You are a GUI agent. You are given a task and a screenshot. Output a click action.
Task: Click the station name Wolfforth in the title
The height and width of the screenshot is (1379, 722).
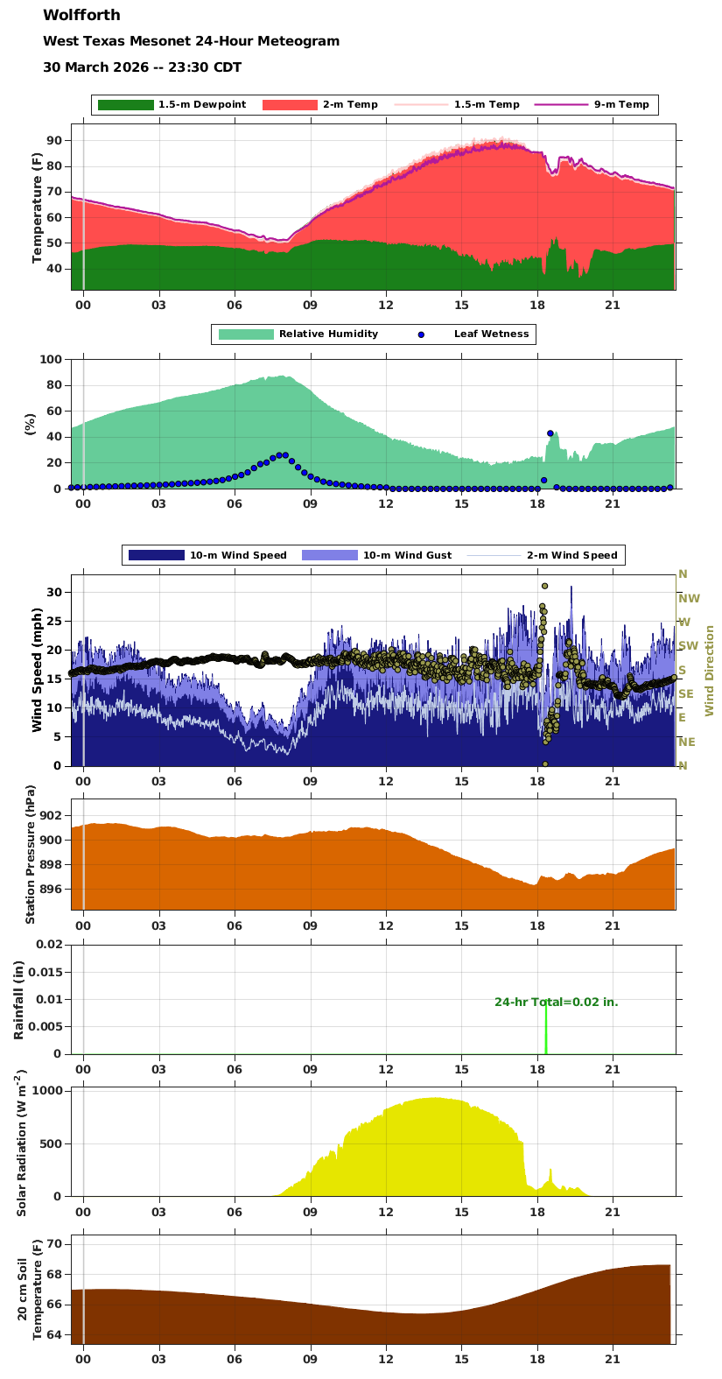[81, 15]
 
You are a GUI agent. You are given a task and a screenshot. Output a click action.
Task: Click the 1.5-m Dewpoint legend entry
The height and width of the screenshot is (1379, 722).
[201, 105]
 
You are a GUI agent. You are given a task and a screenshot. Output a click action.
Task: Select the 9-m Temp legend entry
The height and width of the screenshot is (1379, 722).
[621, 105]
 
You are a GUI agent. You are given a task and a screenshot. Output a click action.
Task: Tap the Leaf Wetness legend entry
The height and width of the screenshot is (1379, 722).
[491, 334]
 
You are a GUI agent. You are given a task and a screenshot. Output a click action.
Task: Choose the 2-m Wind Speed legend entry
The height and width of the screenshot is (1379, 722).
[571, 555]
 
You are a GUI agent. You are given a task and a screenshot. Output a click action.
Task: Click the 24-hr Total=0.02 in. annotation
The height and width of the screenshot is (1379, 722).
[556, 1002]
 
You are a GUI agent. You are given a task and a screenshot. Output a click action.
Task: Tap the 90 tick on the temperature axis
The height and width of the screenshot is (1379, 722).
[54, 141]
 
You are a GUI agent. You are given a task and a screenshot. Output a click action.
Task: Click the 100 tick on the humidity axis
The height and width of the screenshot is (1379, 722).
[51, 360]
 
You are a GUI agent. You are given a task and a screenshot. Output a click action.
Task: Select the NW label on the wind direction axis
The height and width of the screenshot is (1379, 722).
[689, 599]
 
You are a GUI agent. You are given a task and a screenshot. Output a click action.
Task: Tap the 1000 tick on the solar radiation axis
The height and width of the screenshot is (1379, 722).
[47, 1091]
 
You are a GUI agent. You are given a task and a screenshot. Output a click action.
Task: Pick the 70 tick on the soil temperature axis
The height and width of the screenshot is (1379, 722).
[54, 1244]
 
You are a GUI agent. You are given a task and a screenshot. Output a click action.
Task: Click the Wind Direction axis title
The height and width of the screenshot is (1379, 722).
[710, 671]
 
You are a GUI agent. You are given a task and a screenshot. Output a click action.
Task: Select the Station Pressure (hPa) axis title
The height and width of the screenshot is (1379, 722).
[31, 854]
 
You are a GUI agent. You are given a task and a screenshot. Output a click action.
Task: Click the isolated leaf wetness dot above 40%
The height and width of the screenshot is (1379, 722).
[550, 433]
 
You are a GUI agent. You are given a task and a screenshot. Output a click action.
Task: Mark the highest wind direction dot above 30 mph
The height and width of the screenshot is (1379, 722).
[544, 586]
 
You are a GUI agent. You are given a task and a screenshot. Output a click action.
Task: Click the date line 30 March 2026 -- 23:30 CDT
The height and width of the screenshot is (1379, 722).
[142, 67]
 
